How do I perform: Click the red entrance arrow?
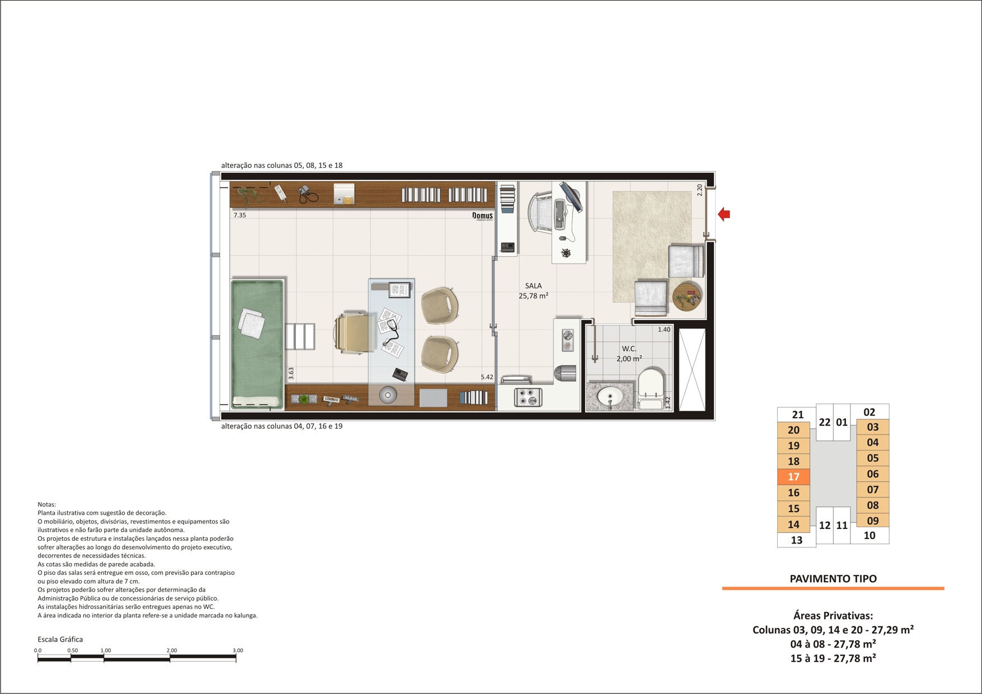point(724,214)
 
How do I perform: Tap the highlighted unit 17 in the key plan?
point(793,477)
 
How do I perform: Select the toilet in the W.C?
point(650,388)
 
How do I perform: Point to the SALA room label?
point(533,286)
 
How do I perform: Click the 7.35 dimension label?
point(239,215)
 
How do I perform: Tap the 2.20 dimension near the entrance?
point(699,190)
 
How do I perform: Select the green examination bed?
point(257,344)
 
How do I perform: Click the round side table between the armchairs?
point(687,296)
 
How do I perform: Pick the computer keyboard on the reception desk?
point(559,215)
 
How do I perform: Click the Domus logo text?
point(482,216)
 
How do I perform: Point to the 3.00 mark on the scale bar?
point(238,650)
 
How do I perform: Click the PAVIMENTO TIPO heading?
point(833,579)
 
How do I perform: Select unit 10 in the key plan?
point(870,536)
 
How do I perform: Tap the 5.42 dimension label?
point(487,377)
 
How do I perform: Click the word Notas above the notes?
point(47,504)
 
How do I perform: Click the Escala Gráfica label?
point(60,639)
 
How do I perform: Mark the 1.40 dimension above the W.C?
point(664,330)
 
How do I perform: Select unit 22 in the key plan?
point(825,422)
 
